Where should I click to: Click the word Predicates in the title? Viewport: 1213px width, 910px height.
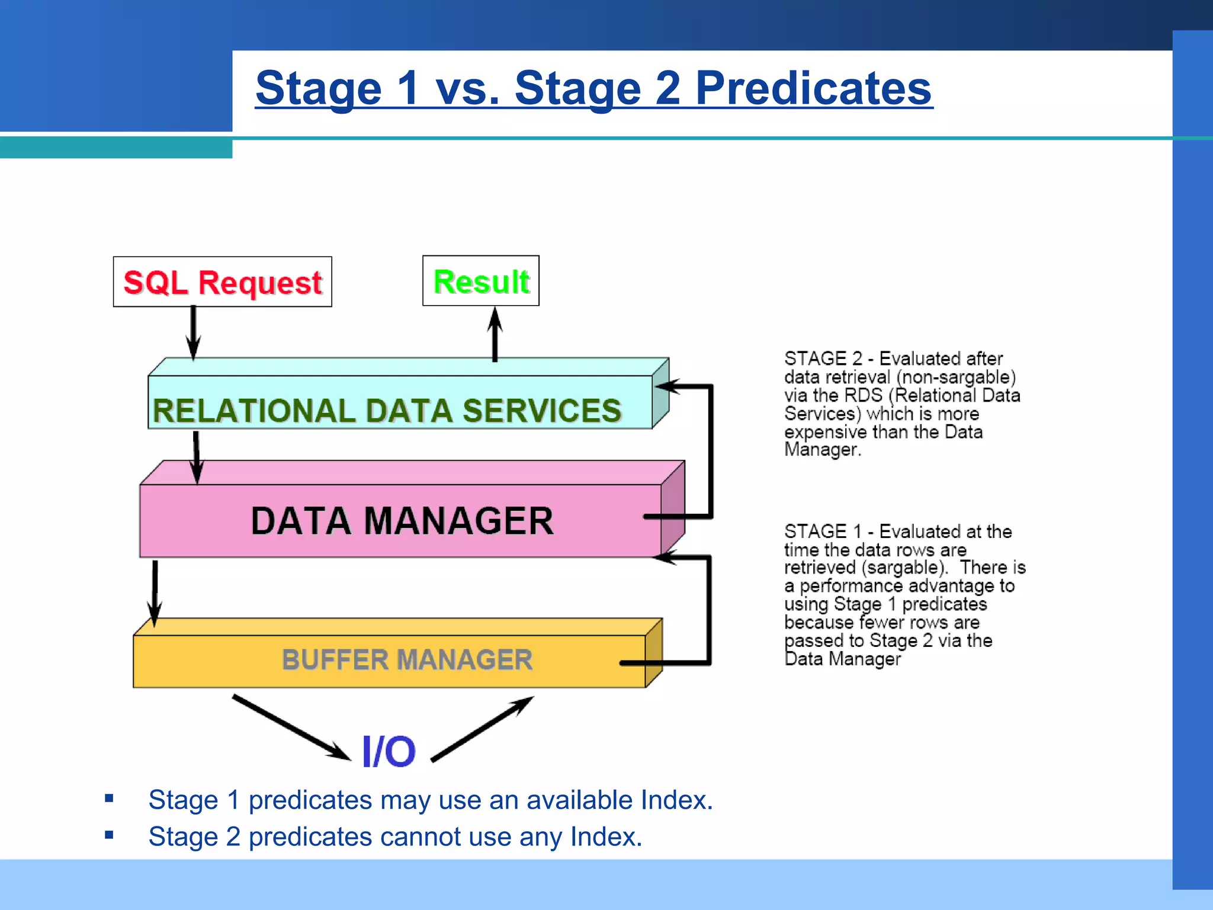point(813,88)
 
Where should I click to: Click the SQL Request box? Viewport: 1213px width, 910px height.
point(222,282)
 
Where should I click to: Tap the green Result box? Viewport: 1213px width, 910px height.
point(481,281)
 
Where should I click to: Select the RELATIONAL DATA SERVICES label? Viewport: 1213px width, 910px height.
point(387,411)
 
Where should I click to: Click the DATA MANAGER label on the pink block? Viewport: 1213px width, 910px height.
point(402,521)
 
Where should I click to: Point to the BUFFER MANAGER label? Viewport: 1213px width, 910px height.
point(407,659)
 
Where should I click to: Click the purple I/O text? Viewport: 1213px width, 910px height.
point(389,751)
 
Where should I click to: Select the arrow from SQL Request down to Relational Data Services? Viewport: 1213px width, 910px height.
point(193,332)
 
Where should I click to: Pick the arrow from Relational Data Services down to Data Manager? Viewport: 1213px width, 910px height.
point(197,456)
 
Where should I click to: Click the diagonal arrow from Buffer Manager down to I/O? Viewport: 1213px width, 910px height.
point(290,727)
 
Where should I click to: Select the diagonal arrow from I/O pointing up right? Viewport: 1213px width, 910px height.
point(483,729)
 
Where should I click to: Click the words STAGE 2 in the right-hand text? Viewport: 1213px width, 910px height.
point(823,358)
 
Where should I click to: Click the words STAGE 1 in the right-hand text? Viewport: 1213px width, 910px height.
point(823,531)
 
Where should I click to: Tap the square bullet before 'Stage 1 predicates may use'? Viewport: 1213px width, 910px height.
point(109,798)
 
